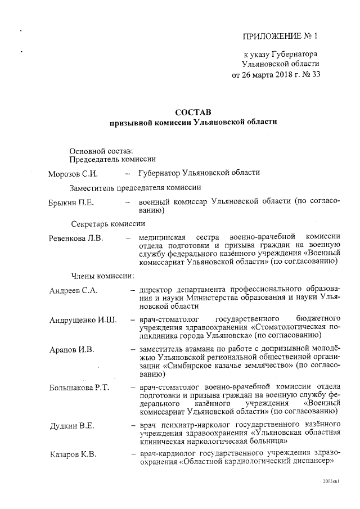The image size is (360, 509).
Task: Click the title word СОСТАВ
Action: [x=193, y=112]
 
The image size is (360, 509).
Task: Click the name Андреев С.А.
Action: [x=74, y=290]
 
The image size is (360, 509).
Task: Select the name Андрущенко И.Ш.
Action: [x=83, y=320]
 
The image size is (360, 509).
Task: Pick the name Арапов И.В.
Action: [x=71, y=349]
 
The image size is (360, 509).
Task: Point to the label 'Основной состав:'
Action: [x=102, y=150]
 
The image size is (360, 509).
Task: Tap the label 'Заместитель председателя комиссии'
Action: [x=136, y=187]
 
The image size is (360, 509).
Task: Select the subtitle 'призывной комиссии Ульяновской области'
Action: [x=193, y=122]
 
